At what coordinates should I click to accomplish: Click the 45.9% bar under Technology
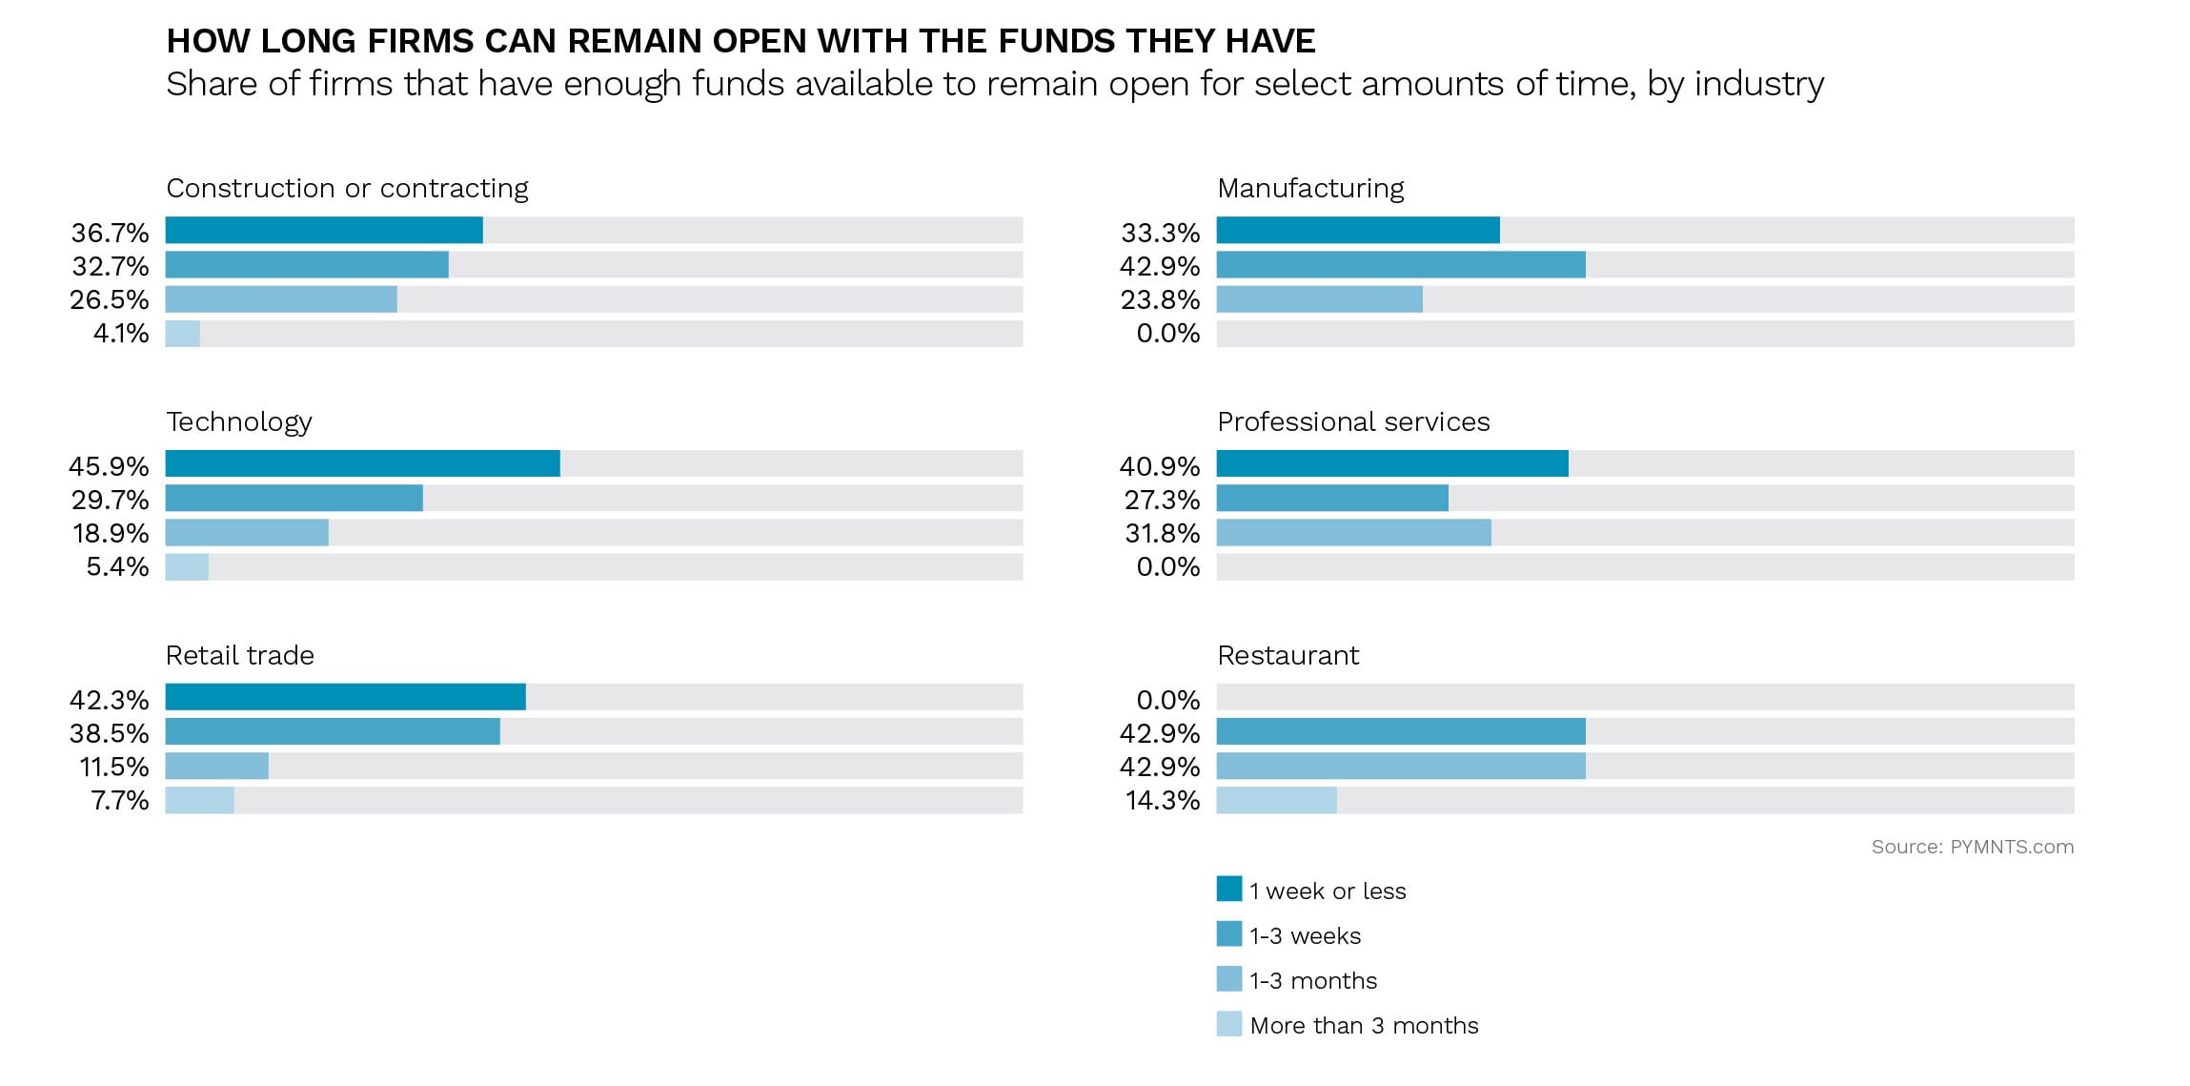pos(362,463)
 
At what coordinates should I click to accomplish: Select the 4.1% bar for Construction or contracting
pos(182,334)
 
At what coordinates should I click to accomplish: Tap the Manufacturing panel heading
pos(1309,188)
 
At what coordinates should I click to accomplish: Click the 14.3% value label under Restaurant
pos(1162,800)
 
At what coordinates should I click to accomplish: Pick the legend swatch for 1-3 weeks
pos(1228,933)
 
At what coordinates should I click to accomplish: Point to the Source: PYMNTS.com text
pos(1971,847)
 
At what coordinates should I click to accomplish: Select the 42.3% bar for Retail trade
pos(345,697)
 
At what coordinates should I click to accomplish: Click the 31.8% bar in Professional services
pos(1353,532)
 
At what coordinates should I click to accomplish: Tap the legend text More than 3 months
pos(1363,1025)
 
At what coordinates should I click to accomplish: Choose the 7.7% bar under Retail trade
pos(199,800)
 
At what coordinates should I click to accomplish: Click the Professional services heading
pos(1352,421)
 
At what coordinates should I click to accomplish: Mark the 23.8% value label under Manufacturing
pos(1160,299)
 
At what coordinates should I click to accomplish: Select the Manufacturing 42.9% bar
pos(1401,265)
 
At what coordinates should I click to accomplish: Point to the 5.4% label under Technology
pos(117,566)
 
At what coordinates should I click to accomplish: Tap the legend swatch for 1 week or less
pos(1228,889)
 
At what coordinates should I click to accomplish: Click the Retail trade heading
pos(239,655)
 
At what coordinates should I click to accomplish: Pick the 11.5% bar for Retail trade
pos(216,766)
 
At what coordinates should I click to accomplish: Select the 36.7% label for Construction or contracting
pos(110,232)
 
